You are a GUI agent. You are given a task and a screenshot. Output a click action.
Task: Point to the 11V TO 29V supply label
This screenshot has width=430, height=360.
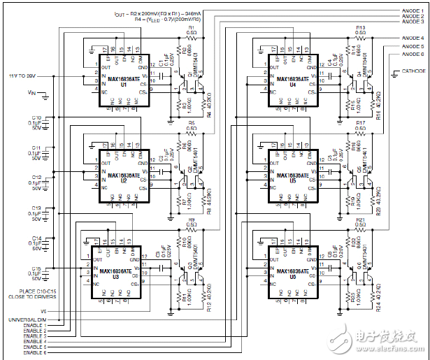tap(22, 74)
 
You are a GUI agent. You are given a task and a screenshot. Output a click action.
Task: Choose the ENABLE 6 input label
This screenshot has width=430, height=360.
tap(35, 352)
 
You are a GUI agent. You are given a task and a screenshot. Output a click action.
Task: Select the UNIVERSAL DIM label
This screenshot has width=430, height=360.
tap(29, 319)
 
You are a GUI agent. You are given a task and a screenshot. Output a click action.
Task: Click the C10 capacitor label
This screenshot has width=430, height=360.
tap(37, 117)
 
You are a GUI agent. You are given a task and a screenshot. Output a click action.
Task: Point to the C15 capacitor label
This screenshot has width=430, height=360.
tap(37, 268)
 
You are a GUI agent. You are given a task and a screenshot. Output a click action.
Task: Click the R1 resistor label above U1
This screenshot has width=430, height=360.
tap(191, 27)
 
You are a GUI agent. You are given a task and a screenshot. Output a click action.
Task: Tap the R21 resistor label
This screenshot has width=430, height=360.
tap(361, 219)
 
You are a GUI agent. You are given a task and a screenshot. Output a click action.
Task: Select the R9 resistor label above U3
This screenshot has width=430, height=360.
tap(191, 219)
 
